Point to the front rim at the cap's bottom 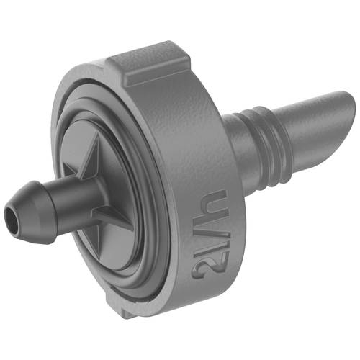130,288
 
